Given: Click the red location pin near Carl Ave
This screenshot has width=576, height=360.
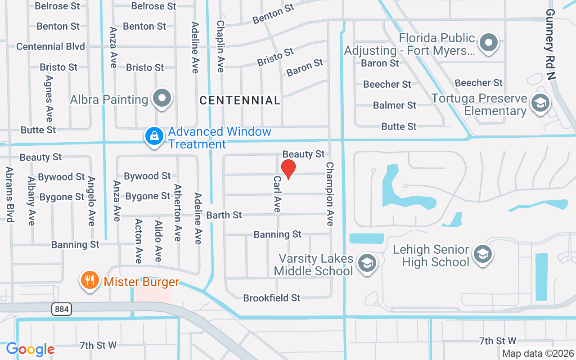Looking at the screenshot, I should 288,169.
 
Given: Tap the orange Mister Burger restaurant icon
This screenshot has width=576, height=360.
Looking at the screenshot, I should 90,280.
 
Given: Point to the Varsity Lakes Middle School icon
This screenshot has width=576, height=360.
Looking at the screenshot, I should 367,263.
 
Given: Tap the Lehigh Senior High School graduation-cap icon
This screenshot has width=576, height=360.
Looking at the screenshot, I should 483,254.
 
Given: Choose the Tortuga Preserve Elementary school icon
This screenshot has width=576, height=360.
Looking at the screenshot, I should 540,103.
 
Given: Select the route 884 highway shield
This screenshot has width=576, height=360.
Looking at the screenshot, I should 61,309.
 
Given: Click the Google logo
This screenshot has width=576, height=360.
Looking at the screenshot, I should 31,349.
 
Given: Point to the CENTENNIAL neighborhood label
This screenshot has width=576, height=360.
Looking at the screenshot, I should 240,100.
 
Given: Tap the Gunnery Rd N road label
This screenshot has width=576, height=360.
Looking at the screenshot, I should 551,44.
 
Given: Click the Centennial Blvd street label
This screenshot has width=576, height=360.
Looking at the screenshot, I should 50,46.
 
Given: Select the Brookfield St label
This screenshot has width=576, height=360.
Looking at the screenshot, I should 272,298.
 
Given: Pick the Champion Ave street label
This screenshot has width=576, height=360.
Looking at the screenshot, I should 330,194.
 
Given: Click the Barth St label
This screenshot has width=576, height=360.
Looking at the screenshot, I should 224,215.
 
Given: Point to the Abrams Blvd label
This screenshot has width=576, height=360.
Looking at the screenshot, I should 9,194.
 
